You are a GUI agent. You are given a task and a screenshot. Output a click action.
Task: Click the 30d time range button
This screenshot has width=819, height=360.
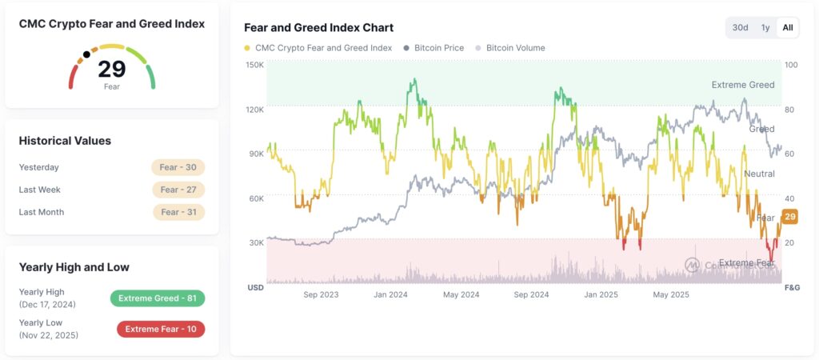pos(740,28)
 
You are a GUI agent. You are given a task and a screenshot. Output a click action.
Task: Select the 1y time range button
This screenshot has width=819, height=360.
pos(765,28)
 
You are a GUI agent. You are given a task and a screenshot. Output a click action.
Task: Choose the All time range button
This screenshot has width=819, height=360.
pos(788,28)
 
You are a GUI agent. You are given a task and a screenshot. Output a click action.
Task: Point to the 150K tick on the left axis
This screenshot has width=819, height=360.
pos(254,65)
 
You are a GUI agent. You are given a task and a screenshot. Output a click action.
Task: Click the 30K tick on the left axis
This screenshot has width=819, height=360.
pos(255,242)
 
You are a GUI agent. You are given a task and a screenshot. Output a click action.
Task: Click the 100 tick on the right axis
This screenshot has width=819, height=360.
pos(791,65)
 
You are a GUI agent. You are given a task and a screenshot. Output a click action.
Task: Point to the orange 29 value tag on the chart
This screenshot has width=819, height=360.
pos(790,217)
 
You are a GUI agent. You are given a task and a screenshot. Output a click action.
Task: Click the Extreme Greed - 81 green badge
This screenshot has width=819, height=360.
pos(158,298)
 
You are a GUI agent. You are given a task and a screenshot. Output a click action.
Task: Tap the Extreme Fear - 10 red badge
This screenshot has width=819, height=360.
pos(161,329)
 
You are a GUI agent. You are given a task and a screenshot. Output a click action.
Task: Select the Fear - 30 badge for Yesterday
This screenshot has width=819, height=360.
pos(178,167)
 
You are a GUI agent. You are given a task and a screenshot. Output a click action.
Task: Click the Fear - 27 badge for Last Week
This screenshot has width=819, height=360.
pos(178,190)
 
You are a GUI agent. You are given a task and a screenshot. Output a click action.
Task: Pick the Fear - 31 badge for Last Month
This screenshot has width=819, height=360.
pos(178,212)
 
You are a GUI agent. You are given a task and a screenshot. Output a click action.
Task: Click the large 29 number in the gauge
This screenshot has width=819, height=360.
pos(112,70)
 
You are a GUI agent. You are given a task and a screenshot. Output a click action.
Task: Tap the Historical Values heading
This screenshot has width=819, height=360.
pos(65,141)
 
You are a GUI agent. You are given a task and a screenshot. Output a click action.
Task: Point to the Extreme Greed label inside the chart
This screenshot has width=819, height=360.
pos(742,85)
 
